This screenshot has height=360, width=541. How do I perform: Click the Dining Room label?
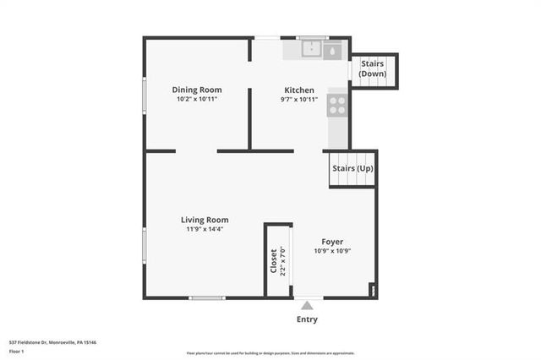coord(197,90)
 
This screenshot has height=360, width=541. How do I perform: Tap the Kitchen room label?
coord(299,90)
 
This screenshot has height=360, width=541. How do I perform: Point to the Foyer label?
coord(332,242)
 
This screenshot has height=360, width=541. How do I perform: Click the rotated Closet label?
coord(273,261)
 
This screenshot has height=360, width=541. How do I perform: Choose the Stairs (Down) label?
coord(373,68)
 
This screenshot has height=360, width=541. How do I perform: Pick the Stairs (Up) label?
coord(352,168)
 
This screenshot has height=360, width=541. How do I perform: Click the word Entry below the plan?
coord(308,319)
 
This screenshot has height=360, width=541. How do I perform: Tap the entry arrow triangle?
coord(308,305)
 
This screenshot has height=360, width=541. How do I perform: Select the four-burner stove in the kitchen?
coord(337,105)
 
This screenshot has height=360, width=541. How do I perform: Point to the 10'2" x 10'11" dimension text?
coord(197,100)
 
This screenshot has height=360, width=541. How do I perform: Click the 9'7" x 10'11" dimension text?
coord(299,100)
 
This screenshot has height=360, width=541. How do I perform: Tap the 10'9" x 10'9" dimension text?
coord(332,252)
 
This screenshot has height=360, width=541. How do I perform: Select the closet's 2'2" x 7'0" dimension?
coord(283,261)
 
